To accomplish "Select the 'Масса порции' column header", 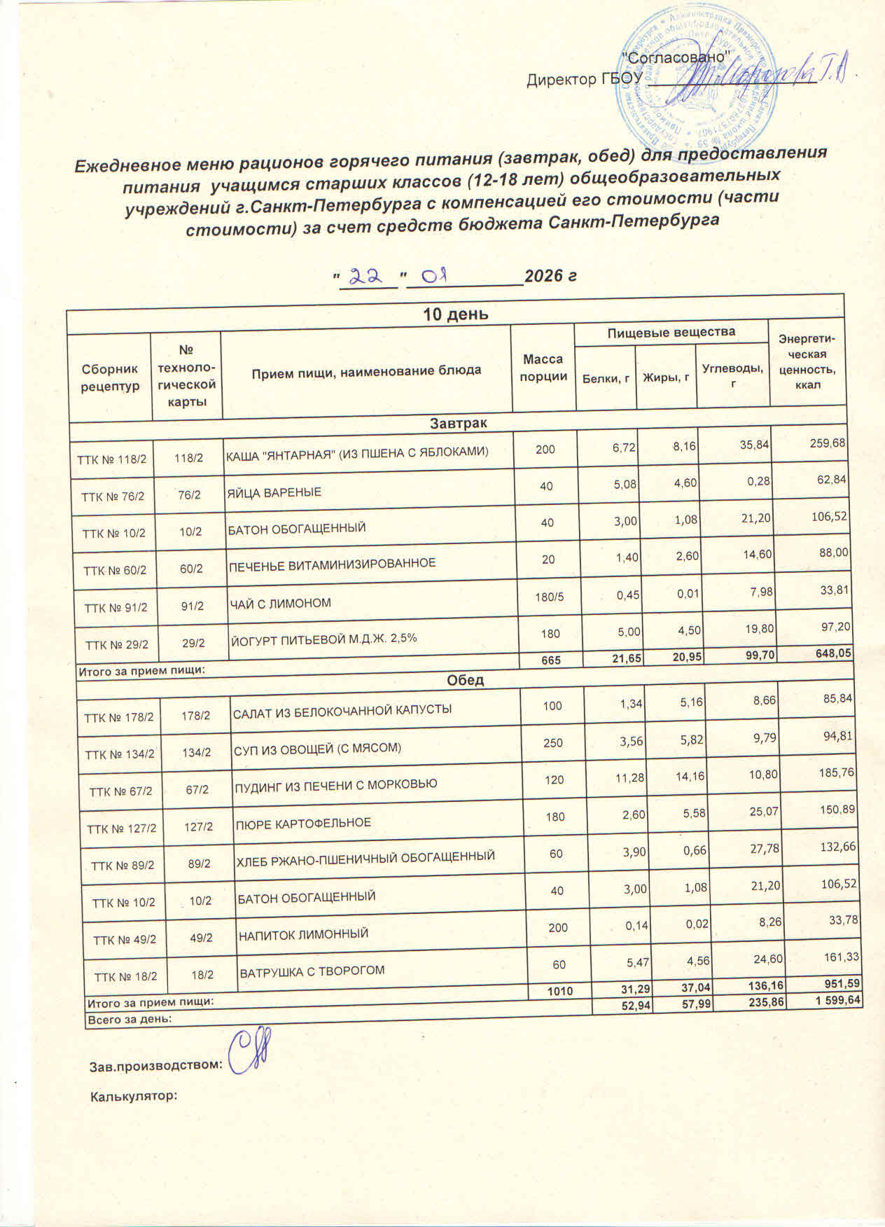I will click(543, 368).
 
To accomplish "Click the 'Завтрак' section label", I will click(459, 424).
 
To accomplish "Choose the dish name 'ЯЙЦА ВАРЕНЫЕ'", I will click(274, 492).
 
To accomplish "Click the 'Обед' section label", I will click(465, 680).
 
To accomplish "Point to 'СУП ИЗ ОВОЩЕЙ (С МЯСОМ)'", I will click(317, 749).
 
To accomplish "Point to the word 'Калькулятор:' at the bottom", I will click(132, 1095).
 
